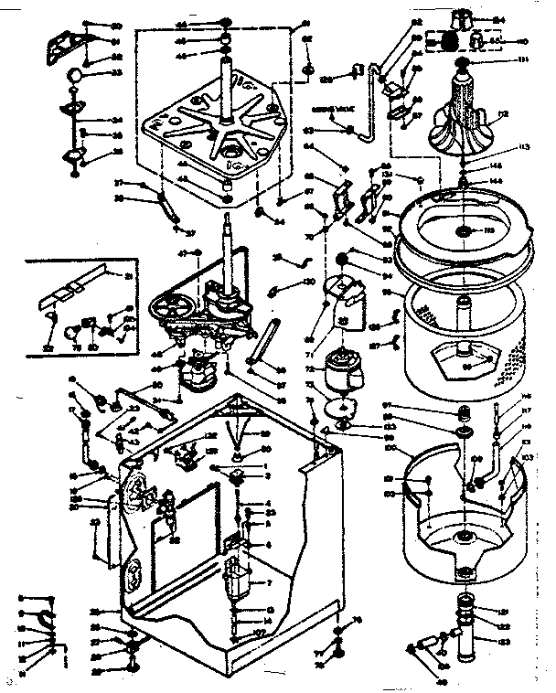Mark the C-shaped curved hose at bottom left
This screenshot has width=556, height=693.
(x=46, y=622)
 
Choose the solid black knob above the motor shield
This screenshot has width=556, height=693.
(x=346, y=259)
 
